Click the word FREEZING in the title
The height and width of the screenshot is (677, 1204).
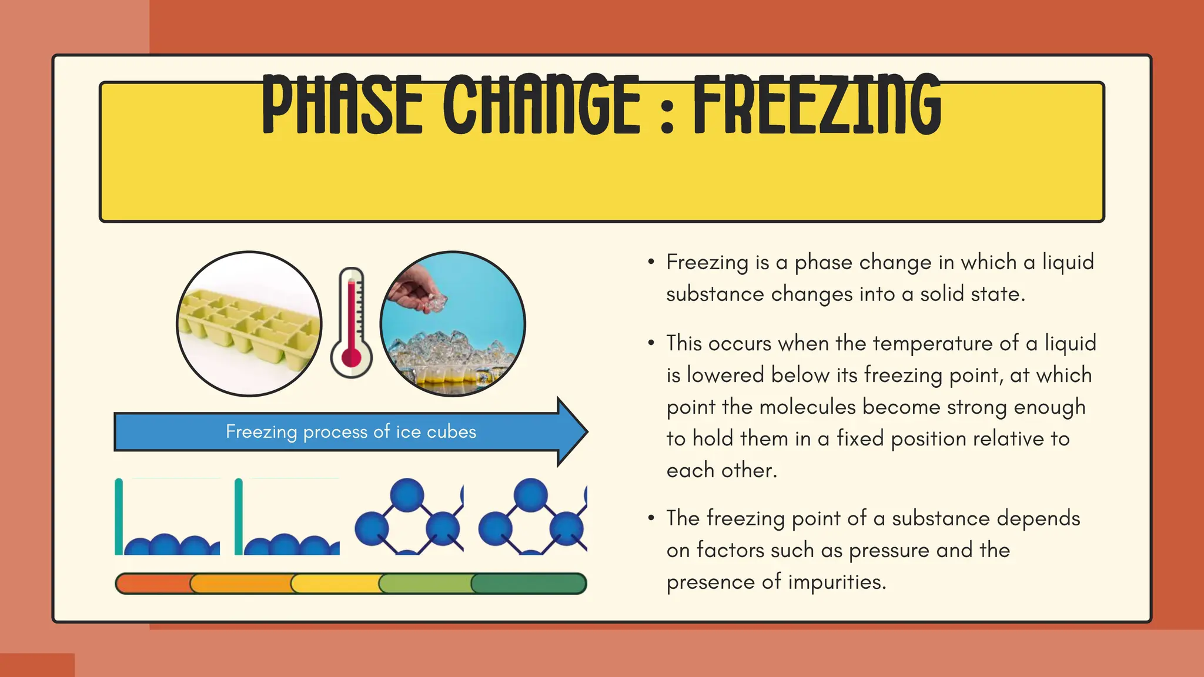tap(817, 105)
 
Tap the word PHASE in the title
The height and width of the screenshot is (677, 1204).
tap(342, 105)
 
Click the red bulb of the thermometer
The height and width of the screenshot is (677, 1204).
tap(351, 357)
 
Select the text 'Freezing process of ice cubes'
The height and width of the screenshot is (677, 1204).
tap(351, 432)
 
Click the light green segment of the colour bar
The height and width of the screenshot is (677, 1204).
tap(426, 584)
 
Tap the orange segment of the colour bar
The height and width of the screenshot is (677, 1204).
tap(241, 584)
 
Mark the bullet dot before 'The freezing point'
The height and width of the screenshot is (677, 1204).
tap(651, 518)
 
